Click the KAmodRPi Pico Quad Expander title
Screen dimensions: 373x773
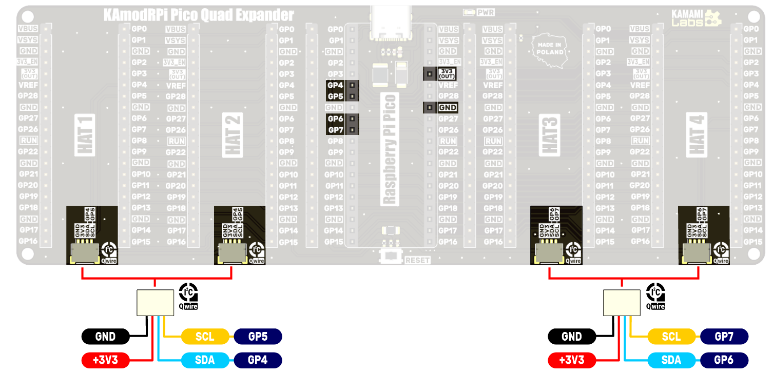[x=199, y=15]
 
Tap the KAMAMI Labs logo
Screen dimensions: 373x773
[x=696, y=18]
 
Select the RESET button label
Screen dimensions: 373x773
[x=417, y=261]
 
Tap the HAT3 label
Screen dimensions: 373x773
[x=550, y=134]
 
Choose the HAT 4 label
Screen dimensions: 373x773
[x=698, y=134]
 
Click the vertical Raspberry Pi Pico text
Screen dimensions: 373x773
[x=391, y=149]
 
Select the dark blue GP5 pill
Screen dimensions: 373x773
[x=258, y=337]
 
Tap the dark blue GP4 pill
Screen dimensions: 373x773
[x=258, y=360]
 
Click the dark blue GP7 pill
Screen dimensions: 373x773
[x=724, y=337]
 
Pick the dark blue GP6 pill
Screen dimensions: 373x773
[x=724, y=360]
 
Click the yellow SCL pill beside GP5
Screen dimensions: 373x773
[x=205, y=337]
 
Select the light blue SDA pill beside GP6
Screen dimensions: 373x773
[x=671, y=360]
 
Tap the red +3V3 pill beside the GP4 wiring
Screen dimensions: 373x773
[x=105, y=360]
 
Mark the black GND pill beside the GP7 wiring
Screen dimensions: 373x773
[x=572, y=337]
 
